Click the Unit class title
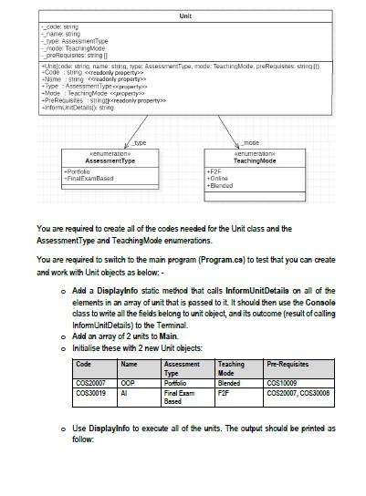pos(185,17)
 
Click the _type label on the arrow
pos(140,143)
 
